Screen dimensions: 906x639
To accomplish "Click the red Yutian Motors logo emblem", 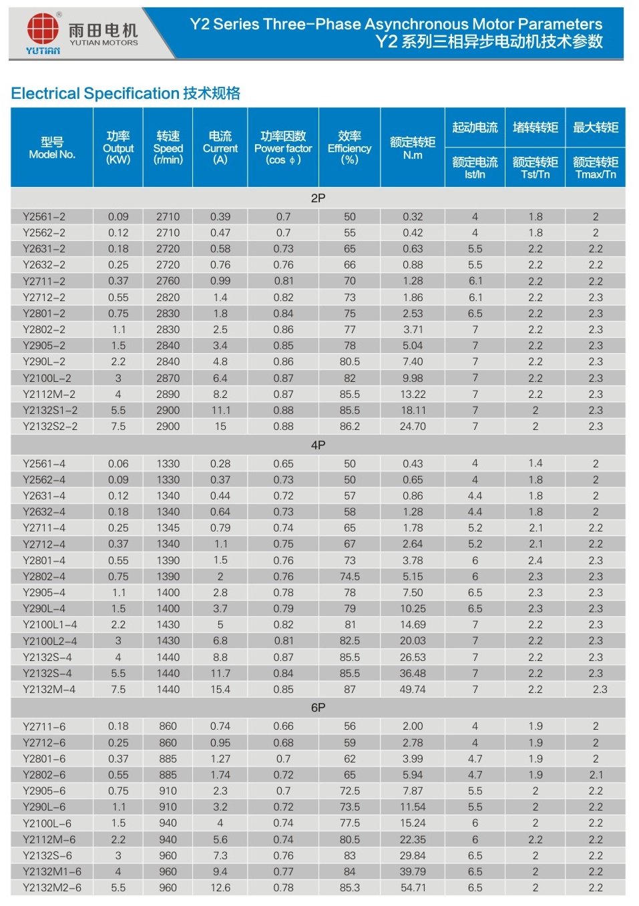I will pyautogui.click(x=43, y=29).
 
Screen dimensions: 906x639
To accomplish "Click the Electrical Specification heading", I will pyautogui.click(x=126, y=93).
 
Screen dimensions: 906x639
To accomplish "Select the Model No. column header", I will pyautogui.click(x=52, y=148).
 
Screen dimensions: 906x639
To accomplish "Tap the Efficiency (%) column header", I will pyautogui.click(x=349, y=148).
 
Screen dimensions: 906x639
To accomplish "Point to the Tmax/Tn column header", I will pyautogui.click(x=596, y=168).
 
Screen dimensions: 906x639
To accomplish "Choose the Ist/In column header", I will pyautogui.click(x=475, y=168).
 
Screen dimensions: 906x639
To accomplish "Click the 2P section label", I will pyautogui.click(x=318, y=198).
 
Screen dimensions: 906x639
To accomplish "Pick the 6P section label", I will pyautogui.click(x=318, y=708).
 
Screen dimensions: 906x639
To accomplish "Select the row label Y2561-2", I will pyautogui.click(x=44, y=217).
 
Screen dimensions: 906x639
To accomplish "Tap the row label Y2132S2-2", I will pyautogui.click(x=50, y=427).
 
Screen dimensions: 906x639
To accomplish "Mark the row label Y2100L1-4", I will pyautogui.click(x=50, y=625).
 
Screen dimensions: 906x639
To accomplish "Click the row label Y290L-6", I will pyautogui.click(x=44, y=807).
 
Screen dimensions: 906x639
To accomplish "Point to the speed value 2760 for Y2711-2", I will pyautogui.click(x=168, y=281).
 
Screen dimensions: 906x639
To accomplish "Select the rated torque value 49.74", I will pyautogui.click(x=413, y=690).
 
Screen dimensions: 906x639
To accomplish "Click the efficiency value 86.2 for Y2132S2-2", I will pyautogui.click(x=349, y=427).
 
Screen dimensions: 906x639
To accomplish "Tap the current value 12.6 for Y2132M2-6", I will pyautogui.click(x=220, y=888).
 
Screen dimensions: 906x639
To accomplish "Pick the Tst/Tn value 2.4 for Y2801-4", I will pyautogui.click(x=536, y=561).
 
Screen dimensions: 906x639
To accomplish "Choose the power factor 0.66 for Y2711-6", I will pyautogui.click(x=283, y=726).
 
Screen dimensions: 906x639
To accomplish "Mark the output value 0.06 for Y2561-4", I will pyautogui.click(x=118, y=464).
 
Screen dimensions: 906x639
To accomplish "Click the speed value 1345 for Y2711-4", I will pyautogui.click(x=168, y=528).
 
